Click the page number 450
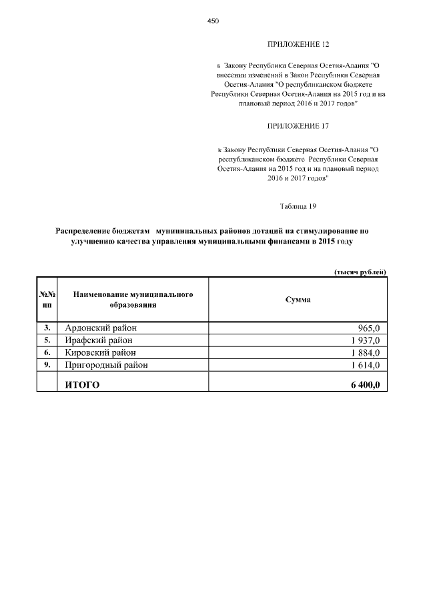click(213, 21)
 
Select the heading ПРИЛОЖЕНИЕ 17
click(298, 125)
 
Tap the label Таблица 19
click(298, 206)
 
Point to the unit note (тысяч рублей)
click(360, 271)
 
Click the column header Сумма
click(298, 300)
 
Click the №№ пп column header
click(47, 300)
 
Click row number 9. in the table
click(47, 365)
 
